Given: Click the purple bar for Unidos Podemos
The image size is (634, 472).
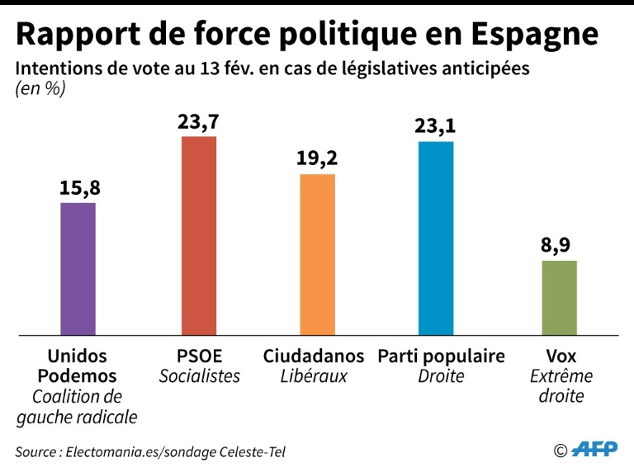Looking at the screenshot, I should tap(78, 268).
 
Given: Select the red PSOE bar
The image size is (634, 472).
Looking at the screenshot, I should tap(198, 235).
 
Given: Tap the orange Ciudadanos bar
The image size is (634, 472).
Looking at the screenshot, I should tap(318, 254).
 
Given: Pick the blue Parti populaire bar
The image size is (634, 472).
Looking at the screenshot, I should tap(436, 238).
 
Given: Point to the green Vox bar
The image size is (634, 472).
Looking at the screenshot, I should tap(559, 298).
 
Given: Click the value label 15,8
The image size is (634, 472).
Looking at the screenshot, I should tap(78, 187).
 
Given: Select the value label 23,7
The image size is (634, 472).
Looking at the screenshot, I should tap(198, 121).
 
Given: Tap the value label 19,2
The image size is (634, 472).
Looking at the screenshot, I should tap(318, 158).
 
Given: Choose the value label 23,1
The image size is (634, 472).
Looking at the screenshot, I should tap(436, 126).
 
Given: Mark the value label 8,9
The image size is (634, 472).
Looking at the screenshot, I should tap(559, 245).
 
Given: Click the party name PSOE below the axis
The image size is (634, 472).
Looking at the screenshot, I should tap(199, 356).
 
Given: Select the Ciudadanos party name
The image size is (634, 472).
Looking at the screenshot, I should tap(314, 356).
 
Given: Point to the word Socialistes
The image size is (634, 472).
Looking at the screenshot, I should tap(199, 376).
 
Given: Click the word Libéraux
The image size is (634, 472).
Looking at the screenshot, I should tap(314, 376).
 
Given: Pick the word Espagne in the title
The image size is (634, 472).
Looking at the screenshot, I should tap(536, 35).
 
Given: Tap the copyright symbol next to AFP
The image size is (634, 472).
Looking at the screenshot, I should tap(561, 451).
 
